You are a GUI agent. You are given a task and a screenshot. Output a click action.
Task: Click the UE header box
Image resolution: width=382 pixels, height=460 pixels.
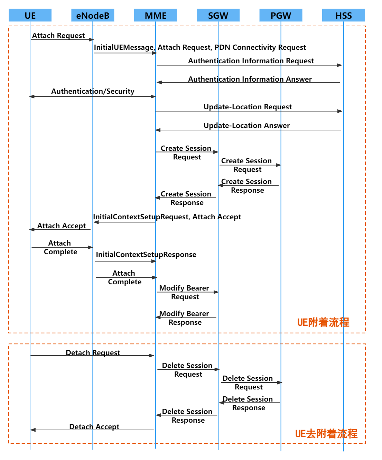tap(30, 16)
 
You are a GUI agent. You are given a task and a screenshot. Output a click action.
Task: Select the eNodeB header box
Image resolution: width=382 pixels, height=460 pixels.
tap(93, 16)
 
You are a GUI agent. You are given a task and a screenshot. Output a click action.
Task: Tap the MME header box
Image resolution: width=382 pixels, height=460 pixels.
tap(156, 16)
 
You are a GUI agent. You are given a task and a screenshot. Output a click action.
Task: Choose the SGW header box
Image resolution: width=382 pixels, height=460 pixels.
tap(218, 16)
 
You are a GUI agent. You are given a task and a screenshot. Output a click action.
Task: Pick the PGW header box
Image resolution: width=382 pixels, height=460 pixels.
tap(281, 16)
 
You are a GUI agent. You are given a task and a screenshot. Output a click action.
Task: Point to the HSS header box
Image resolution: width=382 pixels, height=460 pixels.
tap(344, 16)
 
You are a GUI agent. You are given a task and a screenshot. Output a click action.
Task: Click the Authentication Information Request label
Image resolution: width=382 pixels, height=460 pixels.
tap(251, 61)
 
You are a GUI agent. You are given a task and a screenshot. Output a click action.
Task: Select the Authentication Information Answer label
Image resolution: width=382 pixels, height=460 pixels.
tap(250, 79)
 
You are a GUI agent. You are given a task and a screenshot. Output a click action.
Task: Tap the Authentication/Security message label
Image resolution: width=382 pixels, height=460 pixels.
tap(93, 91)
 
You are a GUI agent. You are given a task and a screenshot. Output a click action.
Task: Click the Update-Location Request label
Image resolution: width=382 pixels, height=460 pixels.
tap(248, 107)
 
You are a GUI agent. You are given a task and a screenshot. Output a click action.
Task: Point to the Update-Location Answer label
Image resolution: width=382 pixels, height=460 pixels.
tap(246, 126)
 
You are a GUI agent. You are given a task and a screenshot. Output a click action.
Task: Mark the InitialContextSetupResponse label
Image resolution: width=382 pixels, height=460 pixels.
tap(146, 255)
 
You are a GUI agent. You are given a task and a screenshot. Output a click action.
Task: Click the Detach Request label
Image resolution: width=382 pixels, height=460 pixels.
tap(93, 353)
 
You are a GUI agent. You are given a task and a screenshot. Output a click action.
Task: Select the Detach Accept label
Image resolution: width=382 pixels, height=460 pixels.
tap(94, 427)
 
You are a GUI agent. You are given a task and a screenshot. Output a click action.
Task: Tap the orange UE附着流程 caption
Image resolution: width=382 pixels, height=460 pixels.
tap(323, 322)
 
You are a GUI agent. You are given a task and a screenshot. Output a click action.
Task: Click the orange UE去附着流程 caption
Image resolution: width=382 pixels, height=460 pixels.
tap(326, 434)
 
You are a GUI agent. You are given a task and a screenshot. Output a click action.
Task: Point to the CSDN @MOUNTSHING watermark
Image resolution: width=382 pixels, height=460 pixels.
tap(341, 453)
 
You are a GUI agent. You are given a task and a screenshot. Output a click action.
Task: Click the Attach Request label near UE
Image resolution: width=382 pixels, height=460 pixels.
tap(58, 36)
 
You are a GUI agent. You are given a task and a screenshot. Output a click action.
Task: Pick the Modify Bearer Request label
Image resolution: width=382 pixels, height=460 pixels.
tap(184, 292)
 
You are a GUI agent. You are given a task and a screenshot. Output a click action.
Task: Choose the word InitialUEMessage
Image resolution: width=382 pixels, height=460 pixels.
tap(124, 47)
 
